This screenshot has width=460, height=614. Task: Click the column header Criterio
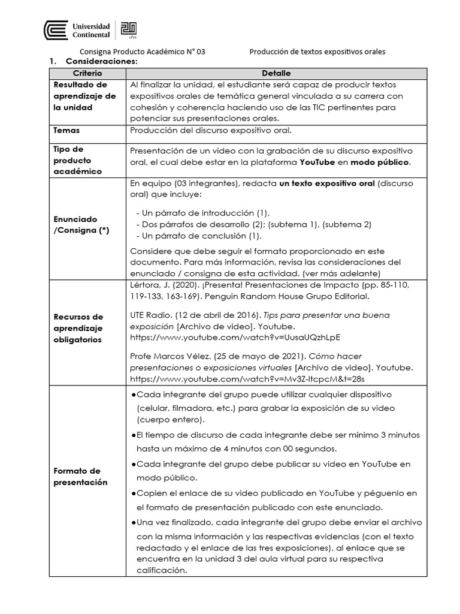(87, 73)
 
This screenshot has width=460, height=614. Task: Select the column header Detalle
(276, 73)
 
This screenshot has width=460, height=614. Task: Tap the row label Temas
(66, 130)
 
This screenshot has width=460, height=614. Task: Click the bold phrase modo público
(380, 162)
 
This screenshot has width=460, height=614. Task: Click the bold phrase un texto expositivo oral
(328, 184)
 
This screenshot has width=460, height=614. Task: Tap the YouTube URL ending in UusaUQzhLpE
(234, 338)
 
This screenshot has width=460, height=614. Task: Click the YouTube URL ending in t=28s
(247, 379)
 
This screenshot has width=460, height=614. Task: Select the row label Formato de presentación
(80, 477)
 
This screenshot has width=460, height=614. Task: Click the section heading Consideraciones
(101, 62)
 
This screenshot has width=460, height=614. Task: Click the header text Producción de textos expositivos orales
(317, 52)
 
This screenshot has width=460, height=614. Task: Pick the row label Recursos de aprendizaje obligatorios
(78, 328)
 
